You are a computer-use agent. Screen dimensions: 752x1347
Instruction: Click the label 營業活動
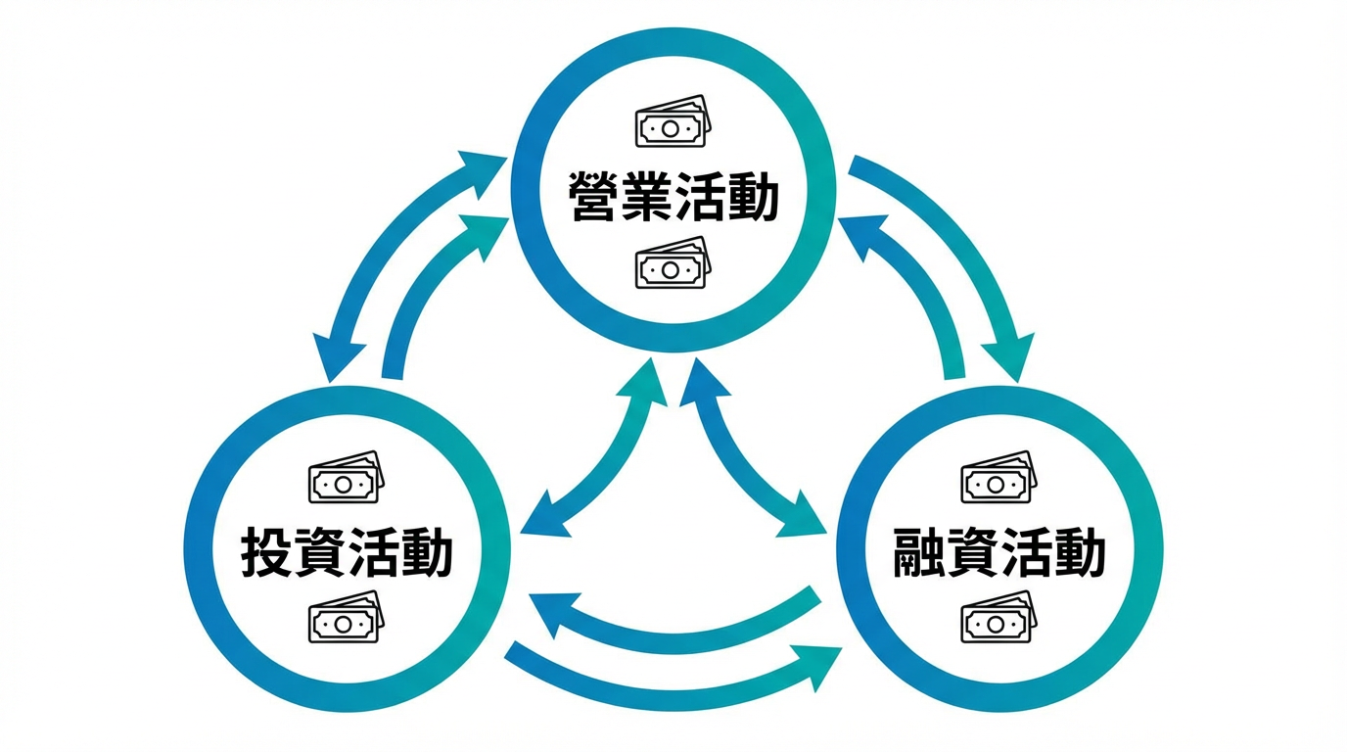point(673,199)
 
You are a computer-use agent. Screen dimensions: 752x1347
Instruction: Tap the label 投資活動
point(347,553)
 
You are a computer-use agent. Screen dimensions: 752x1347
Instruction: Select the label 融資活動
point(999,553)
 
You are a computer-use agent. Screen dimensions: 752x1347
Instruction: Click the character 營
point(595,199)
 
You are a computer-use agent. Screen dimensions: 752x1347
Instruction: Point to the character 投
point(267,553)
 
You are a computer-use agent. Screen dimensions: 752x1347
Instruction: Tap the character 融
point(920,553)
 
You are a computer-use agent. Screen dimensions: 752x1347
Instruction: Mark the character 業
point(648,199)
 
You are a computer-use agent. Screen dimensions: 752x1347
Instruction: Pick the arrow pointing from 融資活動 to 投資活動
point(675,632)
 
